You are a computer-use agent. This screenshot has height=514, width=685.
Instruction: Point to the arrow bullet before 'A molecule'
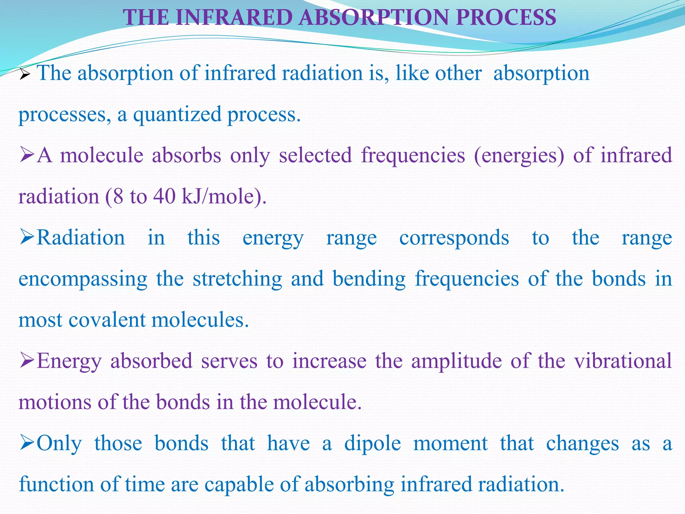pyautogui.click(x=27, y=156)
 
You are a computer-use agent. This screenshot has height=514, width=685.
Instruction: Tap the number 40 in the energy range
pyautogui.click(x=164, y=196)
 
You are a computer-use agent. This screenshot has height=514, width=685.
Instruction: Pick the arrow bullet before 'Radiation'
pyautogui.click(x=27, y=238)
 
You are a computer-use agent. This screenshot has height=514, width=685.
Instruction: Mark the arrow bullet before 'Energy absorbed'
pyautogui.click(x=27, y=361)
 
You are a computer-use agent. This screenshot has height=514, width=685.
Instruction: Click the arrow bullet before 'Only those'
pyautogui.click(x=27, y=443)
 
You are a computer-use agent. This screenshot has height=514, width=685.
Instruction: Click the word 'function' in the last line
pyautogui.click(x=56, y=484)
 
